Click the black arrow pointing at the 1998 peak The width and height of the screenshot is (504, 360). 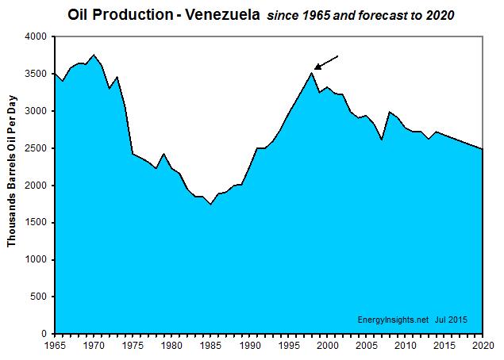pyautogui.click(x=326, y=63)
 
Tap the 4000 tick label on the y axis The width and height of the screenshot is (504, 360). pyautogui.click(x=35, y=37)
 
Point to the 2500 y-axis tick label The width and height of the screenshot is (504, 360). pyautogui.click(x=35, y=148)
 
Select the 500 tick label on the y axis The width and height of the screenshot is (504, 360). pyautogui.click(x=38, y=297)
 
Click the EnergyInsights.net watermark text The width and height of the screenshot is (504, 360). pyautogui.click(x=391, y=320)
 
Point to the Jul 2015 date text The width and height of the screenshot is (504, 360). pyautogui.click(x=451, y=320)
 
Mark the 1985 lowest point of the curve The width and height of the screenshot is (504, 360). pyautogui.click(x=210, y=204)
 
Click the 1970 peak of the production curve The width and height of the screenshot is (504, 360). pyautogui.click(x=94, y=55)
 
